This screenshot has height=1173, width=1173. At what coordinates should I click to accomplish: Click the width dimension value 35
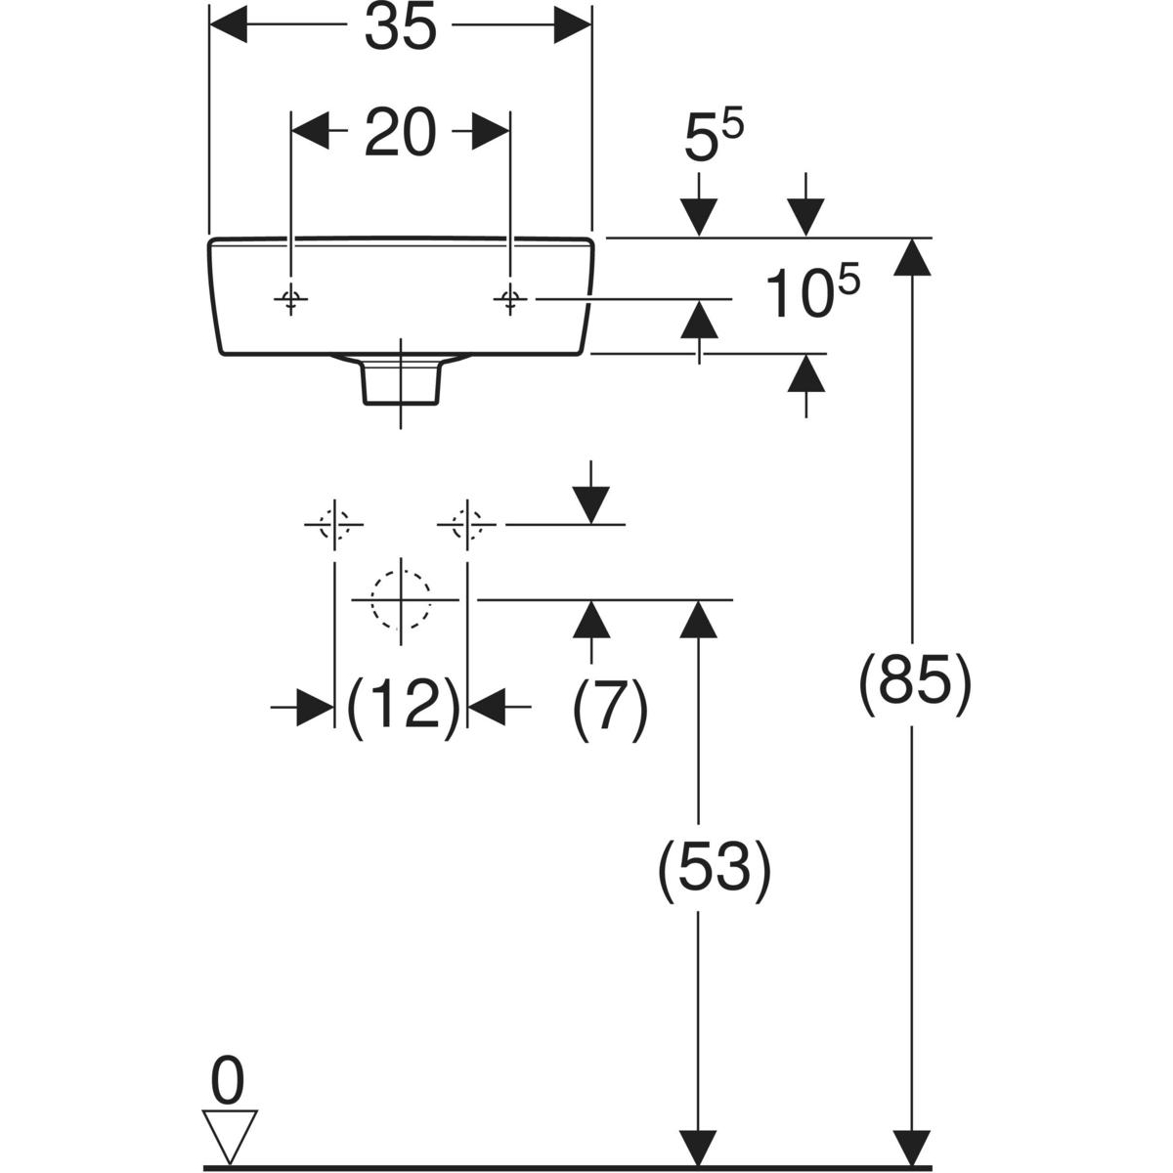pos(401,29)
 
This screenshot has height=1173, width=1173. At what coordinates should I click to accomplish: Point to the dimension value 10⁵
pos(811,293)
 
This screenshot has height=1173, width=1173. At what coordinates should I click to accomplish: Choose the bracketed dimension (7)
pos(610,704)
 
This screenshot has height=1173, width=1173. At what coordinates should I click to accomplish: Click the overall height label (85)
pos(914,682)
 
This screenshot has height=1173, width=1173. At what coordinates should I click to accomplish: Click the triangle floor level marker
pos(229,1134)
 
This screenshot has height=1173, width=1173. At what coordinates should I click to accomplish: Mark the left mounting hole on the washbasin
pos(290,298)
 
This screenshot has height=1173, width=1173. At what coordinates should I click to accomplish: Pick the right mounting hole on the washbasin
pos(509,298)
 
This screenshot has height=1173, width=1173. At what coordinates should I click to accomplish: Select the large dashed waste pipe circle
pos(401,598)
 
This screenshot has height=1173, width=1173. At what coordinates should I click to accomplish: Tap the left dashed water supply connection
pos(335,525)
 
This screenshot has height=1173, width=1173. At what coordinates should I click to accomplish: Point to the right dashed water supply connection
pos(467,525)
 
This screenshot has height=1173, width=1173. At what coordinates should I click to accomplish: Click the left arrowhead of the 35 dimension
pos(229,29)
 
